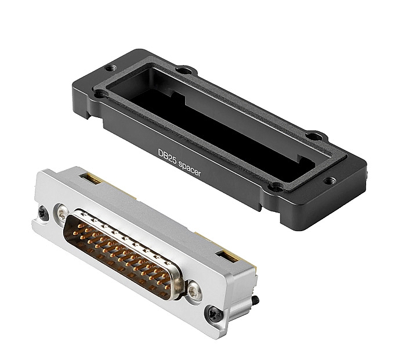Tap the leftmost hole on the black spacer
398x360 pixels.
tap(100, 93)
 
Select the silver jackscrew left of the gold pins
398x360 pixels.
tap(62, 214)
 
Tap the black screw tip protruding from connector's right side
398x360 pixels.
tap(255, 301)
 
